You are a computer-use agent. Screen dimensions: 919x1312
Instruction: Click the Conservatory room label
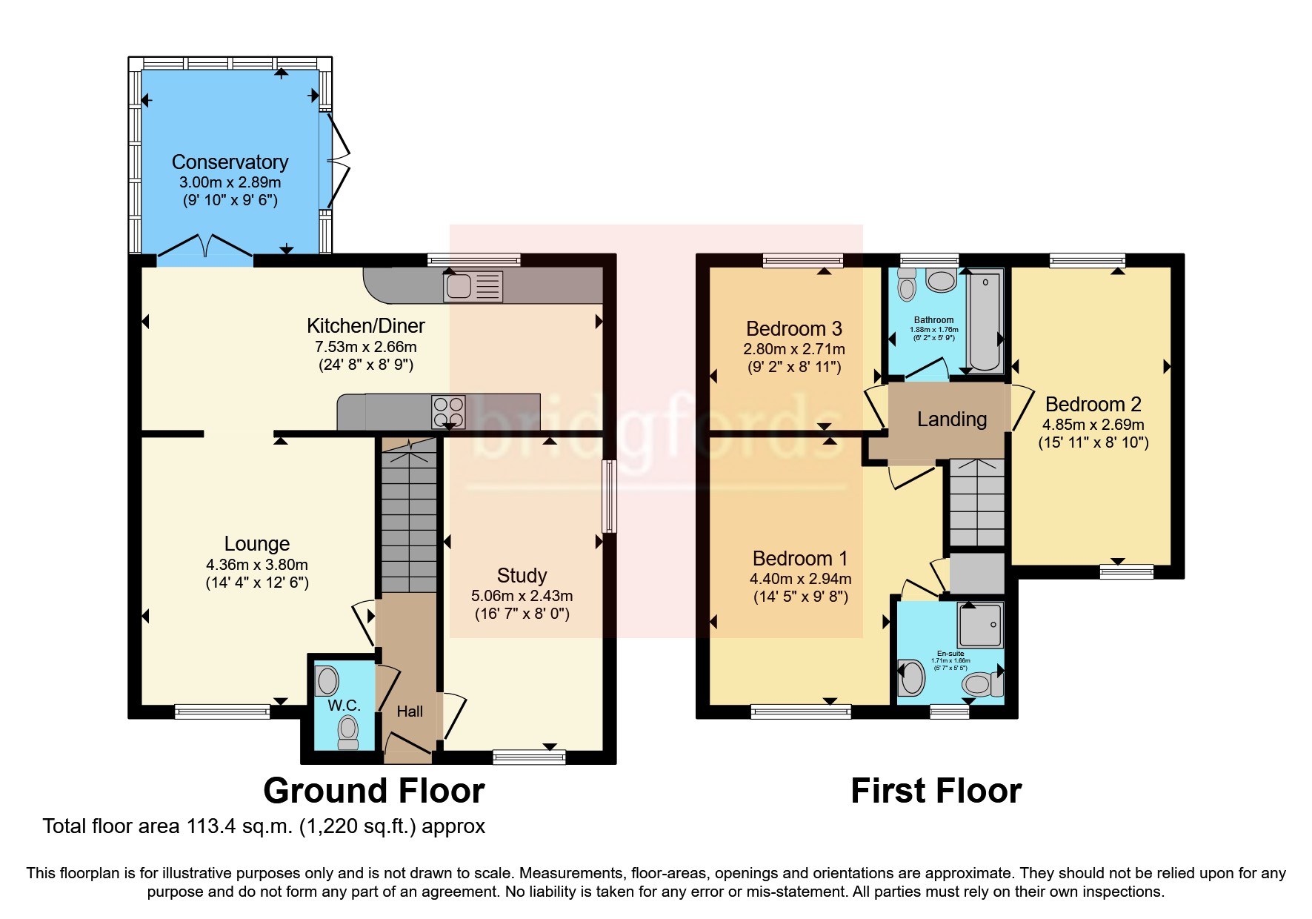[230, 162]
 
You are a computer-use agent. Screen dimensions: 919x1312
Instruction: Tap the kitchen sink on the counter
[473, 286]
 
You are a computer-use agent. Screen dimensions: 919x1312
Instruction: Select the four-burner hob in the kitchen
[448, 413]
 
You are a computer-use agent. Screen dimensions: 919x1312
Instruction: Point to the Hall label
[409, 711]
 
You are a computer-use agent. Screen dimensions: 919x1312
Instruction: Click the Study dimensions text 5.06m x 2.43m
[522, 596]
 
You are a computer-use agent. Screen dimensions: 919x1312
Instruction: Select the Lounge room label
[256, 544]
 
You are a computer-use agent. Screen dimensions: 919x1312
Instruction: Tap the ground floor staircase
[408, 519]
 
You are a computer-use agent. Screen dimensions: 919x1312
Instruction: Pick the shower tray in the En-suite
[979, 624]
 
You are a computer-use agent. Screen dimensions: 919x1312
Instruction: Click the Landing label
[951, 419]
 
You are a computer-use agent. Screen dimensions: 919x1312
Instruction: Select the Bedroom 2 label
[1093, 405]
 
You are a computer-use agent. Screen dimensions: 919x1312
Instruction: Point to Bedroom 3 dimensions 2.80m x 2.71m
[793, 349]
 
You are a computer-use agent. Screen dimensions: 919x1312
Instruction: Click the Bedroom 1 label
[799, 558]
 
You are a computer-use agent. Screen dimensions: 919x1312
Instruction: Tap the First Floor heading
[936, 791]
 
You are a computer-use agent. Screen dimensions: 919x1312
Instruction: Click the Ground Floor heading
[373, 791]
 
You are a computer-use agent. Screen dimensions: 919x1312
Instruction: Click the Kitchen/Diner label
[366, 325]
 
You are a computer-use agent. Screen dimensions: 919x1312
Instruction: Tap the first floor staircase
[976, 502]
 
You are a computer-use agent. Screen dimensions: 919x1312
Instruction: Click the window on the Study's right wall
[609, 497]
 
